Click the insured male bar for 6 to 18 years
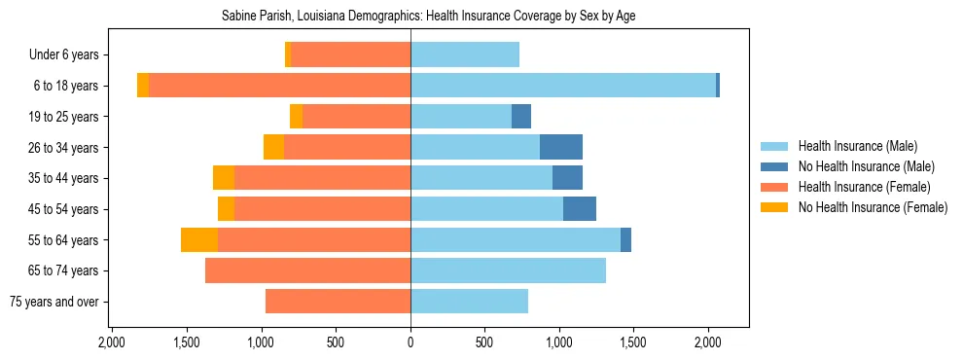[x=563, y=86]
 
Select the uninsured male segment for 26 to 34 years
[x=561, y=147]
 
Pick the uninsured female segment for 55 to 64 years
[x=199, y=239]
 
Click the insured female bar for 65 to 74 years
[x=307, y=270]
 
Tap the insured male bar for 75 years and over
[x=469, y=302]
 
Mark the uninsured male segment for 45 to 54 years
[x=580, y=209]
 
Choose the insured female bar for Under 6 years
[x=350, y=54]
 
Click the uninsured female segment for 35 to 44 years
[x=224, y=178]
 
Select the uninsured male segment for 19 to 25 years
[x=521, y=117]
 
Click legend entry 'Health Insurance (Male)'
[x=857, y=146]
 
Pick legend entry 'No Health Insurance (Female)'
[x=873, y=207]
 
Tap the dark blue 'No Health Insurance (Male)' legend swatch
[x=774, y=166]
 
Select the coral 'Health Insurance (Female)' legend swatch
[x=774, y=187]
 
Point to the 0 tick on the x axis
[x=410, y=342]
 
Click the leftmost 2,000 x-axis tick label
[x=112, y=342]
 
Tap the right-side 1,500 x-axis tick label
[x=633, y=342]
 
